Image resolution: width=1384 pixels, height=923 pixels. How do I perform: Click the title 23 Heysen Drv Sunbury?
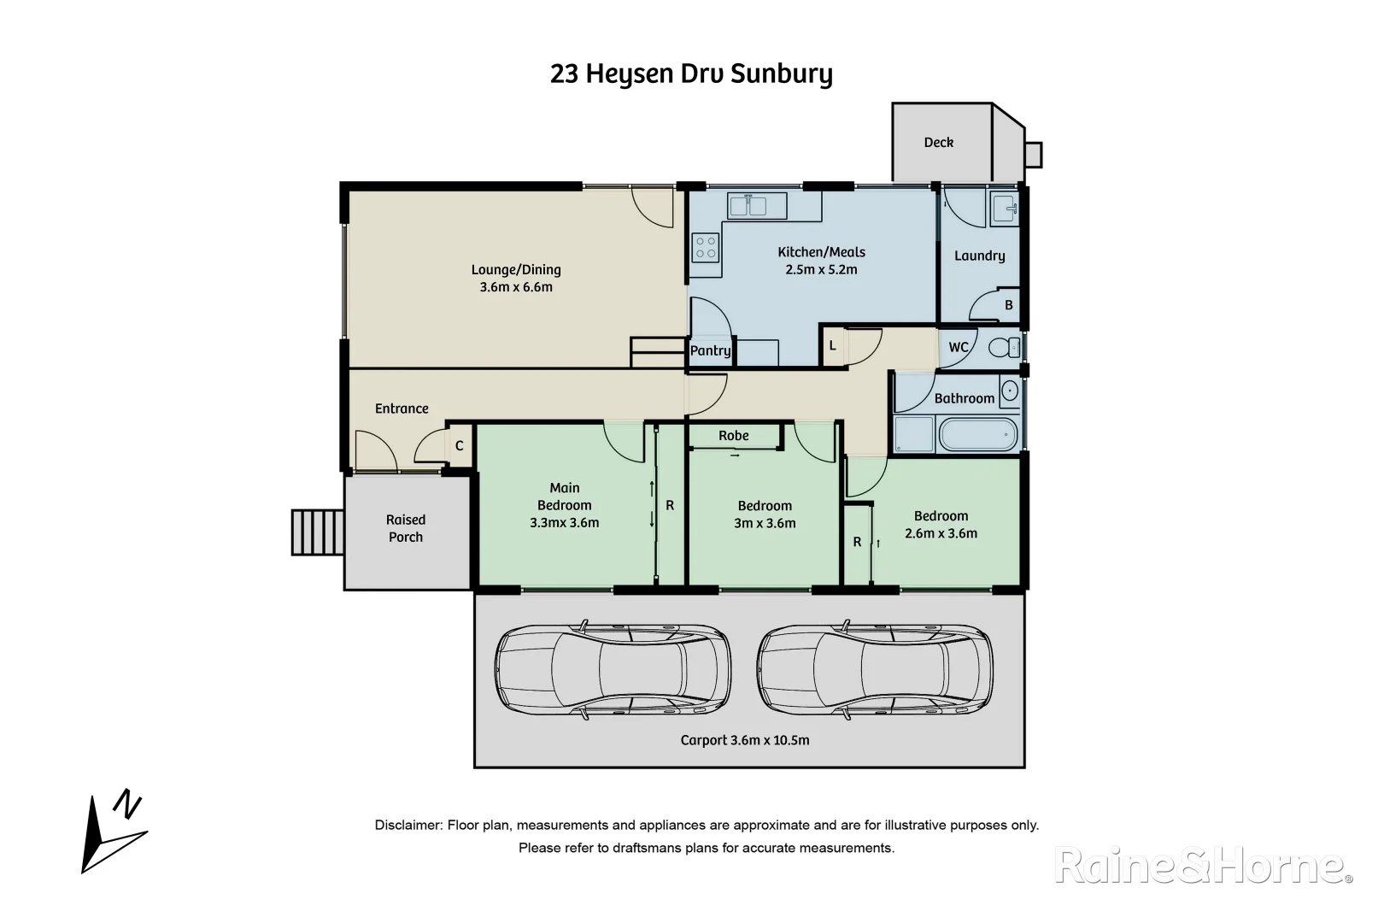coord(691,74)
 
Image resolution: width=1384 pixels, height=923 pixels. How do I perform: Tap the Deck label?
coord(938,143)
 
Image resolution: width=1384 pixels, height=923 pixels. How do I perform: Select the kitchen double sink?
coord(757,206)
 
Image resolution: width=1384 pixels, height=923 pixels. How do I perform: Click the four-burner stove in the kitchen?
coord(706,248)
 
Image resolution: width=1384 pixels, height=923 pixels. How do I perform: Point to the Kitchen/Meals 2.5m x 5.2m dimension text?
coord(821,269)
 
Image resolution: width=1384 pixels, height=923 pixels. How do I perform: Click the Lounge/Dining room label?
coord(516,270)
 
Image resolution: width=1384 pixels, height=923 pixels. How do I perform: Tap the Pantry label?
coord(710,350)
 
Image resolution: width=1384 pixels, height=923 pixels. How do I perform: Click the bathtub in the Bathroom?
coord(978,434)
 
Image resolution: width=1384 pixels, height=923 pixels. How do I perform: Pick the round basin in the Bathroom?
coord(1010,391)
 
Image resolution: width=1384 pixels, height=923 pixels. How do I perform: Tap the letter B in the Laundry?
coord(1008,305)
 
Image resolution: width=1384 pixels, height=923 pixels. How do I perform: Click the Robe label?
coord(733,436)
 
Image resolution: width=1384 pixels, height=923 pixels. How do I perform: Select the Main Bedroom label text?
coord(564,497)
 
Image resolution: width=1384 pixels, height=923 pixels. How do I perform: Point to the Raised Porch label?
coord(406,528)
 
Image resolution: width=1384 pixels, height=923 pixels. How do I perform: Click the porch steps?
coord(317,532)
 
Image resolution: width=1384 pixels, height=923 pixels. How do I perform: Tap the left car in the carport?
coord(613,669)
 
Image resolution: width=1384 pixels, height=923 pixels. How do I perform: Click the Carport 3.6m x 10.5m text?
coord(745,740)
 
